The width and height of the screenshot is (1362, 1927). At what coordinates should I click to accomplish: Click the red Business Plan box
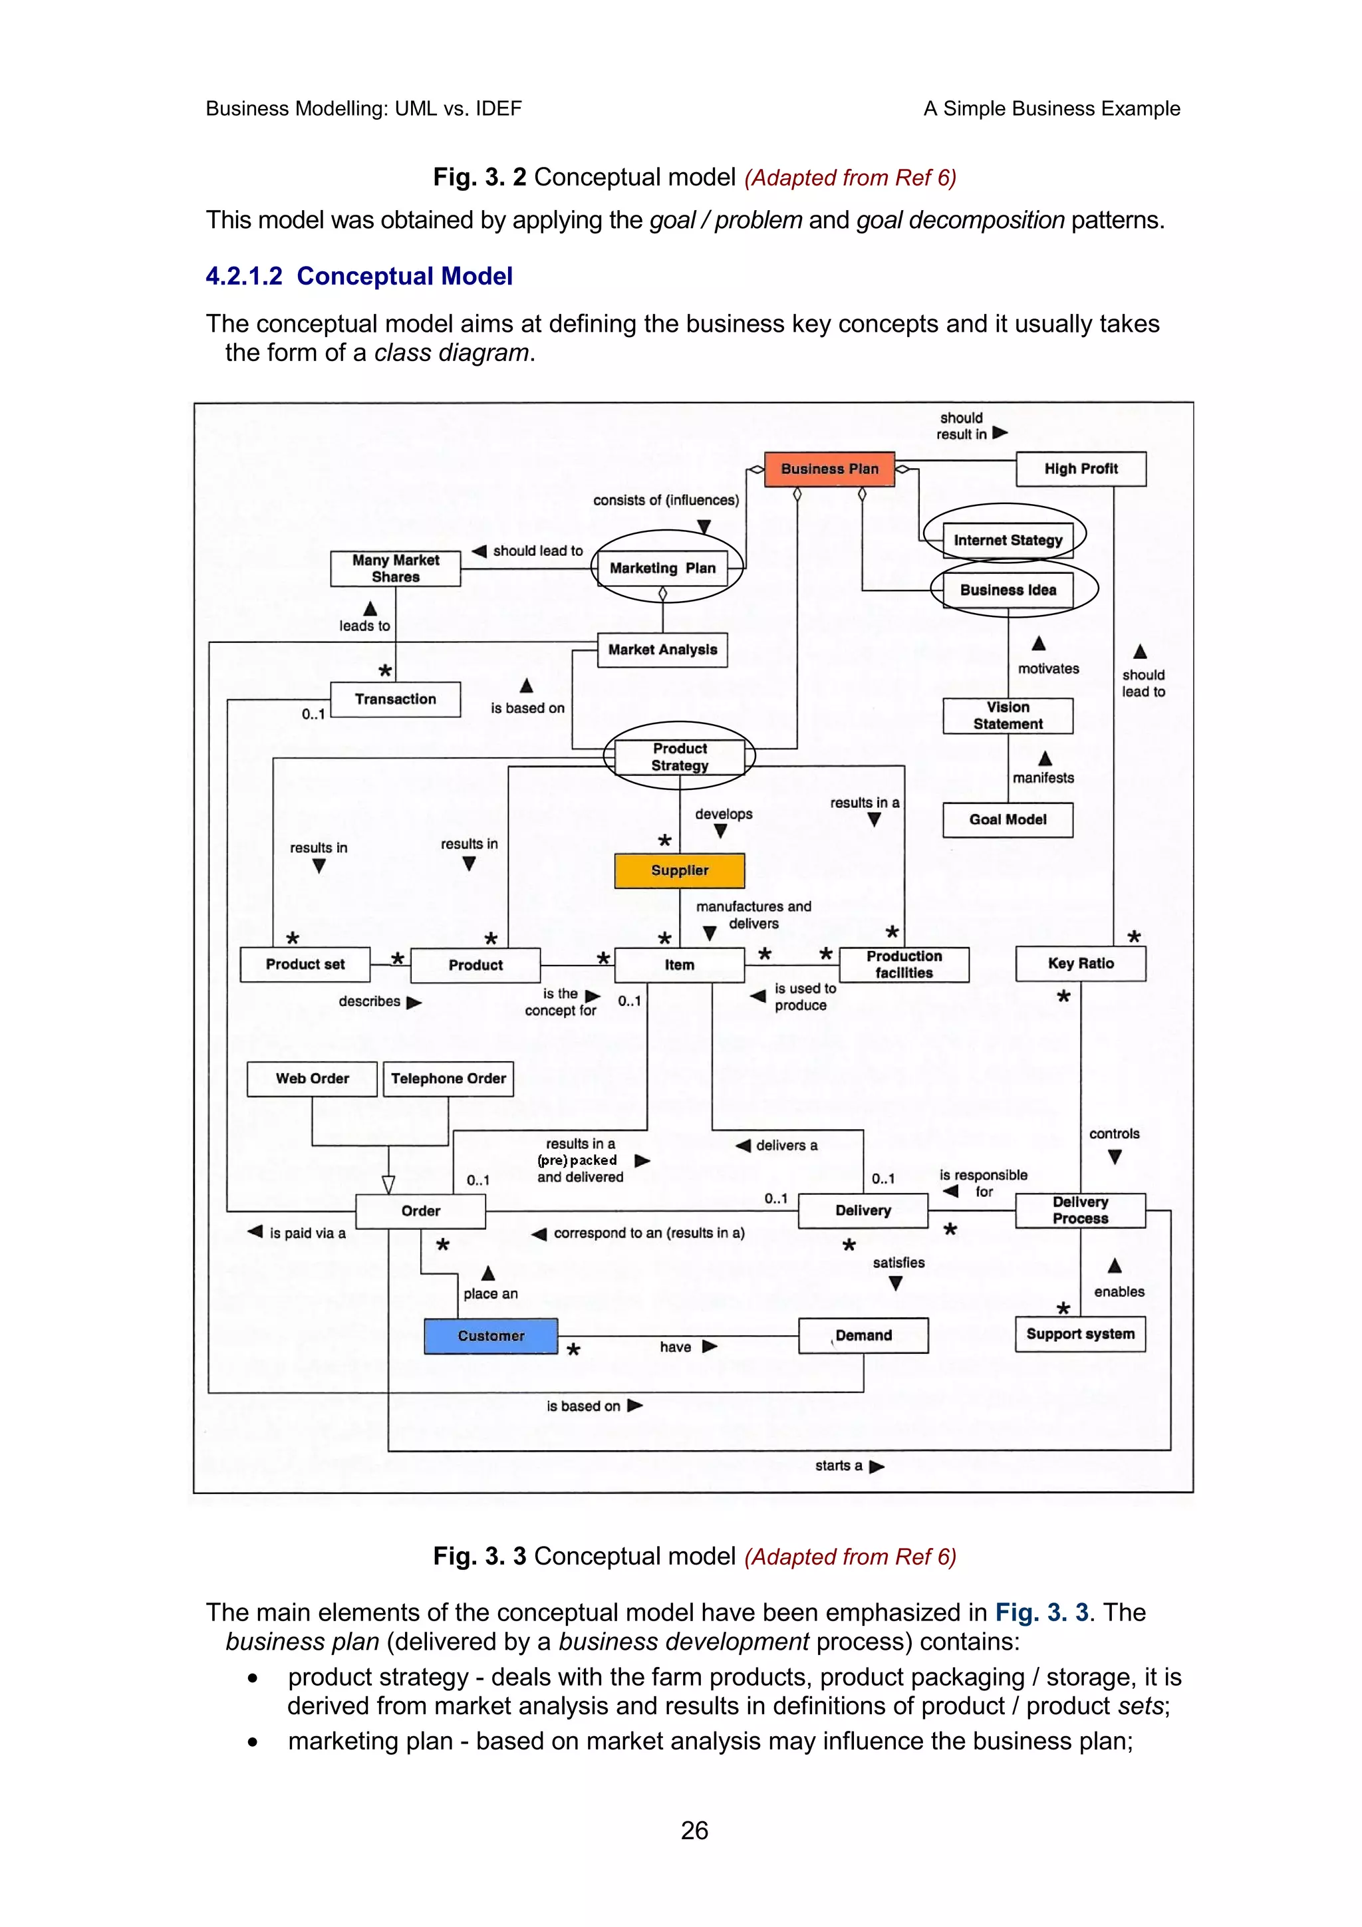[829, 469]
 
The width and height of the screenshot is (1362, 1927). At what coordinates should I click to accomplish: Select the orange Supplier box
[679, 870]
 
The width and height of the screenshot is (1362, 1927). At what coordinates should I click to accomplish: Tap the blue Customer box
[491, 1335]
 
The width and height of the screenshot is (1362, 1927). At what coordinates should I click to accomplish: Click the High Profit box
[1080, 469]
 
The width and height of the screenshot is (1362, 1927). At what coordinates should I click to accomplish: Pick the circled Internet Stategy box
[1007, 540]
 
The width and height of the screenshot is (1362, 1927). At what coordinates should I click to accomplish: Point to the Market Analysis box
[662, 650]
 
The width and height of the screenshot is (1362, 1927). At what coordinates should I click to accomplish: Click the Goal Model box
[1007, 819]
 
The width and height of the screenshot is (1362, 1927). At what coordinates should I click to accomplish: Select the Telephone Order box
[448, 1079]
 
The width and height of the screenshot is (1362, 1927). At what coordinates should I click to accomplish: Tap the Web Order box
[312, 1079]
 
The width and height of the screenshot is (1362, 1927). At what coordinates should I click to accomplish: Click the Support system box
[1080, 1334]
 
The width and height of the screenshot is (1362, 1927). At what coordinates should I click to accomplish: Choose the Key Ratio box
[1080, 963]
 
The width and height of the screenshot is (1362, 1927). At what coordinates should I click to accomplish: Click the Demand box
[863, 1335]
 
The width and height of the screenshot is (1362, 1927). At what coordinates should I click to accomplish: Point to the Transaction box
[395, 699]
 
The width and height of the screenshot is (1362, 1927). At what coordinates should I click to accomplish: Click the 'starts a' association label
[839, 1466]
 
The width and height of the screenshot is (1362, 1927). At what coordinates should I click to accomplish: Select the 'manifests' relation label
[1042, 778]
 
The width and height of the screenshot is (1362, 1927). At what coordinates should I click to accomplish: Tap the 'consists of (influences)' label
[666, 500]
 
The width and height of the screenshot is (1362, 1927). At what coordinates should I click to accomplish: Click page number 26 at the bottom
[694, 1831]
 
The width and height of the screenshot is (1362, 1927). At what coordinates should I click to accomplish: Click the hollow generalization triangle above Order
[388, 1184]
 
